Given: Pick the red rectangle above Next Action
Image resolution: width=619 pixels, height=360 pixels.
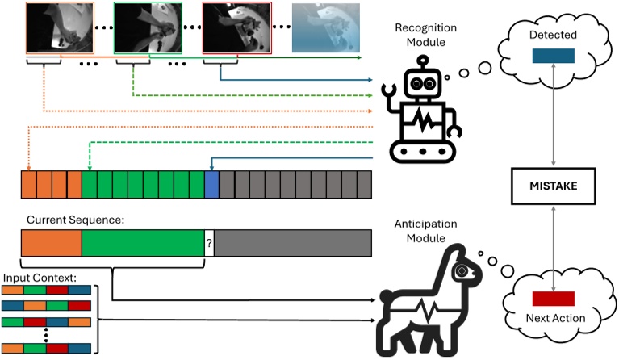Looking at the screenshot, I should tap(553, 298).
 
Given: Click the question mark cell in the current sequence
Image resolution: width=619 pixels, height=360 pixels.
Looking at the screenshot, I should tap(208, 243).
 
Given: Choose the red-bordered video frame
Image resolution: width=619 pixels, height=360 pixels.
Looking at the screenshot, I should tap(237, 27).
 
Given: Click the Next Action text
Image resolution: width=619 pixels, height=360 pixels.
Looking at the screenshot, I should tap(554, 319).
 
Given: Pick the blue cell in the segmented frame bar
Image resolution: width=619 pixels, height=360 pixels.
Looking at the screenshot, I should tap(212, 185).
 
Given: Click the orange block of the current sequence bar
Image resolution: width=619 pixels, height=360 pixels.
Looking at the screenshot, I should tap(51, 243).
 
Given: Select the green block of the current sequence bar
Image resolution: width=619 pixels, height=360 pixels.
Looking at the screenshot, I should tap(142, 243).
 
